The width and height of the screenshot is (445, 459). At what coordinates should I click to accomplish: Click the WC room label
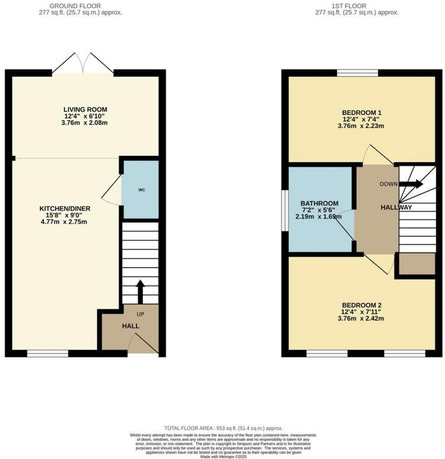141,190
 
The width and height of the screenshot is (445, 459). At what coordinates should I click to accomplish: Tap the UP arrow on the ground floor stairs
140,290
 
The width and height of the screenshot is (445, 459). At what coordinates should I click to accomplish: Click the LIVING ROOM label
85,109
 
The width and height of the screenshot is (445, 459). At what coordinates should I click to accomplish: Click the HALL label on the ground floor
131,326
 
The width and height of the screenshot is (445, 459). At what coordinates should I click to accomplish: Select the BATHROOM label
313,203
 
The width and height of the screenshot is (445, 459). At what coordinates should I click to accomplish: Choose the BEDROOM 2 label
361,305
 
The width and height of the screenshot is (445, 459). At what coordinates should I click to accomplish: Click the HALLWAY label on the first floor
397,207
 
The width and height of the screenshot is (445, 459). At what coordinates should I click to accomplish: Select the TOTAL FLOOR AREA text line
223,428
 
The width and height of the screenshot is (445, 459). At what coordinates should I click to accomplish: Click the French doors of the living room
83,63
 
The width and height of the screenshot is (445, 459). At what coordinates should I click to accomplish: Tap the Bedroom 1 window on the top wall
358,73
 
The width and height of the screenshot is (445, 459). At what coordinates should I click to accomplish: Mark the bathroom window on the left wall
285,210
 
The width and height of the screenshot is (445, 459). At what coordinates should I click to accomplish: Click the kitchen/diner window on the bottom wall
48,353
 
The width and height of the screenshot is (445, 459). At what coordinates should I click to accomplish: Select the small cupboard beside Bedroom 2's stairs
417,264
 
